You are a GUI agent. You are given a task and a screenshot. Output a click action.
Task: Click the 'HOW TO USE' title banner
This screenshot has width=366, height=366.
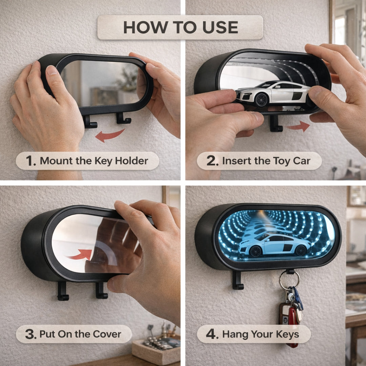(180, 27)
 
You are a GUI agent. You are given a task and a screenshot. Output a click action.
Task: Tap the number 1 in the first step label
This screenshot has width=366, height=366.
(30, 161)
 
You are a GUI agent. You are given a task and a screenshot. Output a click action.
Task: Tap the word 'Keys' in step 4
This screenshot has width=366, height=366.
(287, 334)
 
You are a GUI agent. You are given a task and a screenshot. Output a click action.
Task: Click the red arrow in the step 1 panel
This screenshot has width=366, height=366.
(110, 135)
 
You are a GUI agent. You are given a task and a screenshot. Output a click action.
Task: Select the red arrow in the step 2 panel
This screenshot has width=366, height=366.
(298, 126)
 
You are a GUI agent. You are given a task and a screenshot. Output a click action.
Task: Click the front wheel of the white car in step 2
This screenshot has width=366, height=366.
(261, 100)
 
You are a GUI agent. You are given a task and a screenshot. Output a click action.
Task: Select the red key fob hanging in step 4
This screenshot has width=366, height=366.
(292, 326)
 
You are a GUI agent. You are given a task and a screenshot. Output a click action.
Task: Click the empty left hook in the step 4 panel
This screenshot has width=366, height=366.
(237, 280)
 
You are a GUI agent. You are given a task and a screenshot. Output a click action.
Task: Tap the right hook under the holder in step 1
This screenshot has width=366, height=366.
(123, 118)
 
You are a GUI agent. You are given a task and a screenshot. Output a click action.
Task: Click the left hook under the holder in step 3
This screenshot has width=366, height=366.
(63, 291)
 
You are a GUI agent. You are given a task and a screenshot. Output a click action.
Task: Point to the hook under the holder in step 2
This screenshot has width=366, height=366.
(276, 123)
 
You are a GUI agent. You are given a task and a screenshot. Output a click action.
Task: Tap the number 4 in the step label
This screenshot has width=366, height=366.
(211, 334)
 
